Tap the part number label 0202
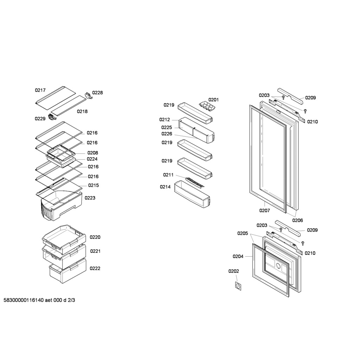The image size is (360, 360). [x=233, y=271]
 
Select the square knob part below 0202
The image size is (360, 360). [x=238, y=286]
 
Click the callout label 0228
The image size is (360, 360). [x=97, y=93]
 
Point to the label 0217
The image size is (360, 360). [x=40, y=90]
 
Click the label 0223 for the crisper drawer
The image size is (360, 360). [x=90, y=198]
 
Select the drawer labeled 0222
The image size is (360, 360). [x=68, y=271]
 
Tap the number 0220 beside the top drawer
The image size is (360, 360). [x=95, y=237]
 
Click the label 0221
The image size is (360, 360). [x=95, y=251]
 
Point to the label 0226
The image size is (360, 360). [x=167, y=134]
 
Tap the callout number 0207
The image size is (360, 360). [x=264, y=210]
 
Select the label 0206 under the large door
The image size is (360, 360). [x=297, y=220]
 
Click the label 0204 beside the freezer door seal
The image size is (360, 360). [x=238, y=256]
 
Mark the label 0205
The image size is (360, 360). [x=243, y=233]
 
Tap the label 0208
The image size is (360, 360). [x=93, y=153]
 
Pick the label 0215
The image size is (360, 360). [x=94, y=185]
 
